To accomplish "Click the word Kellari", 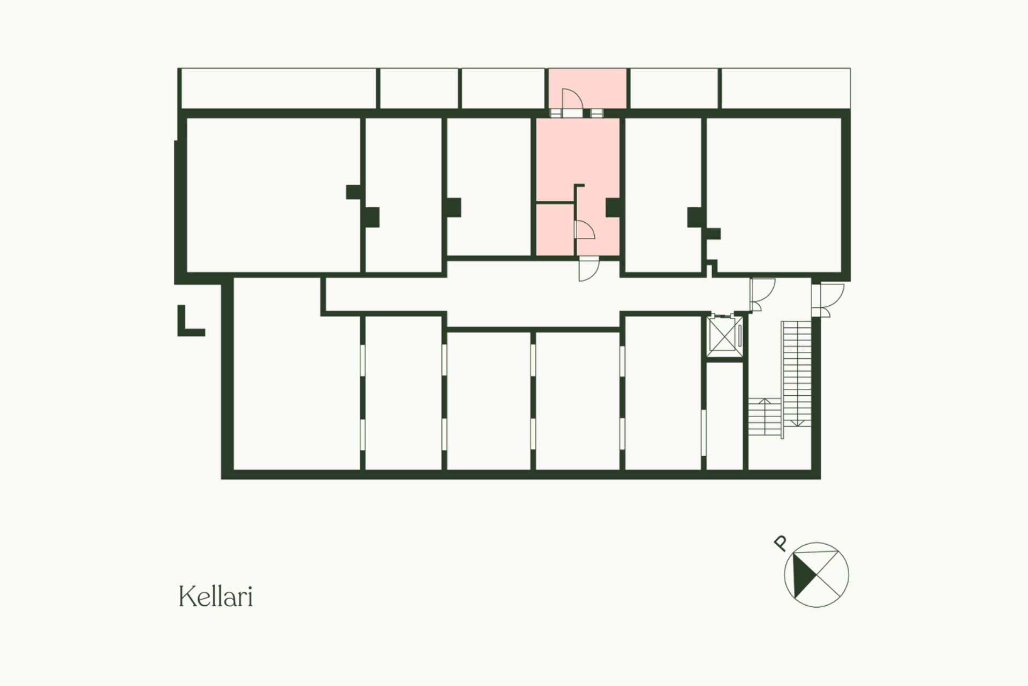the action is [x=215, y=596].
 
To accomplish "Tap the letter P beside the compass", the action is [x=781, y=544].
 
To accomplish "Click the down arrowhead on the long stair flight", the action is [x=797, y=424].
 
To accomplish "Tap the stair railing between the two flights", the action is [x=782, y=380].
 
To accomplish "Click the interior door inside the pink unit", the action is [x=585, y=230].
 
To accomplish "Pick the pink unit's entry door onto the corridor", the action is [x=589, y=269].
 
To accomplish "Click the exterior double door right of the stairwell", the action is [x=828, y=300].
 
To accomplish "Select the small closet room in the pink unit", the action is [x=555, y=229].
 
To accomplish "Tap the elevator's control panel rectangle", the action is [x=739, y=335].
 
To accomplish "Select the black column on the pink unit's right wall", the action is [x=613, y=208].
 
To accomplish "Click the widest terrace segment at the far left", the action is [x=278, y=88].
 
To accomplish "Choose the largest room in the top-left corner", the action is [x=273, y=195].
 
